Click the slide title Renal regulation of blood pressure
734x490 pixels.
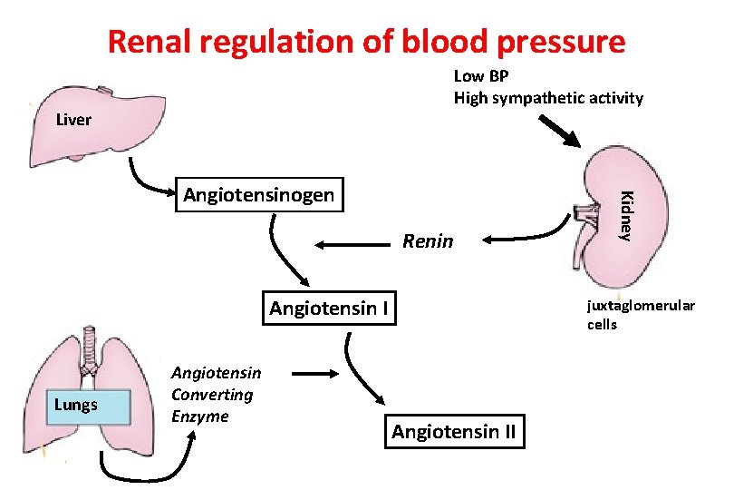click(x=366, y=41)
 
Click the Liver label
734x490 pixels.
click(x=73, y=119)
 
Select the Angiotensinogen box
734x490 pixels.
click(x=259, y=193)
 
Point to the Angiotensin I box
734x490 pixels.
click(x=330, y=309)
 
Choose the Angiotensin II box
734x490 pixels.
click(x=453, y=432)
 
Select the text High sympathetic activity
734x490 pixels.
click(x=548, y=98)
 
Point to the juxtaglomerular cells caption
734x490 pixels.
click(x=640, y=315)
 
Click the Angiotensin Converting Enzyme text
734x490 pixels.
click(x=216, y=395)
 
